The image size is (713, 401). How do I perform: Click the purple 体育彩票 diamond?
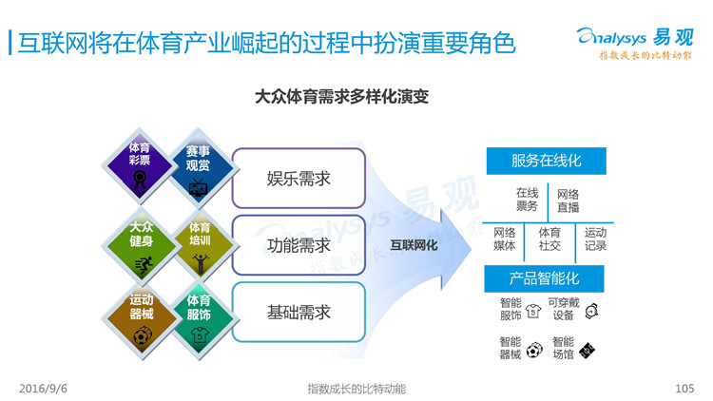tap(140, 165)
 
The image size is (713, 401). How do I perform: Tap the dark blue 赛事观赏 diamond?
tap(198, 168)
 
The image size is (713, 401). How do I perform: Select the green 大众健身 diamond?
tap(141, 246)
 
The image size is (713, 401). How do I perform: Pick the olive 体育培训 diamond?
tap(200, 246)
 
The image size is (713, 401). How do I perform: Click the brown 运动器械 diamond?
tap(141, 321)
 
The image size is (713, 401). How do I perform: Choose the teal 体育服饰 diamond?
tap(200, 321)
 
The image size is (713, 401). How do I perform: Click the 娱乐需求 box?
tap(299, 179)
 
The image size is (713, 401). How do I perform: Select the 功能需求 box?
tap(299, 245)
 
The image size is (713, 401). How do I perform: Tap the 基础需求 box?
tap(299, 313)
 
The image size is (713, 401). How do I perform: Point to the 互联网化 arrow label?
tap(414, 245)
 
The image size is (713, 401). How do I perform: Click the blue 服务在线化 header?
tap(546, 161)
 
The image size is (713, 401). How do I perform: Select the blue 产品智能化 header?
tap(545, 278)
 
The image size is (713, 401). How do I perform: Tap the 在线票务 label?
tap(527, 200)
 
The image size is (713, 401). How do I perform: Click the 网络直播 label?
tap(568, 200)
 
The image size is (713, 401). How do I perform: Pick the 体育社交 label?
tap(549, 239)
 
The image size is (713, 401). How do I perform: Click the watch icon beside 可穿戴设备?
tap(591, 311)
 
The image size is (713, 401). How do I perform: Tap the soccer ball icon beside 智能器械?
tap(534, 350)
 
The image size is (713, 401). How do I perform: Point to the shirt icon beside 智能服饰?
tap(533, 311)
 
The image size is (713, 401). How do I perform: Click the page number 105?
tap(684, 389)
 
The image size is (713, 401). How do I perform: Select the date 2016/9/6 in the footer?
tap(43, 389)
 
